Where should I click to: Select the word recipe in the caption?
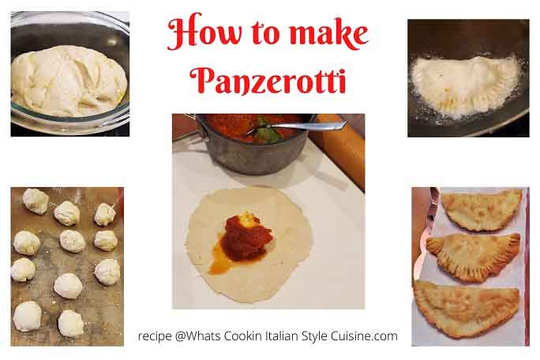pos(155,336)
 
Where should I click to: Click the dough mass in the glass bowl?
pos(68,80)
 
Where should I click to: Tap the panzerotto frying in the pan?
pos(466,84)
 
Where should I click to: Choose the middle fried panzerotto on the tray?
pos(474,254)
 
